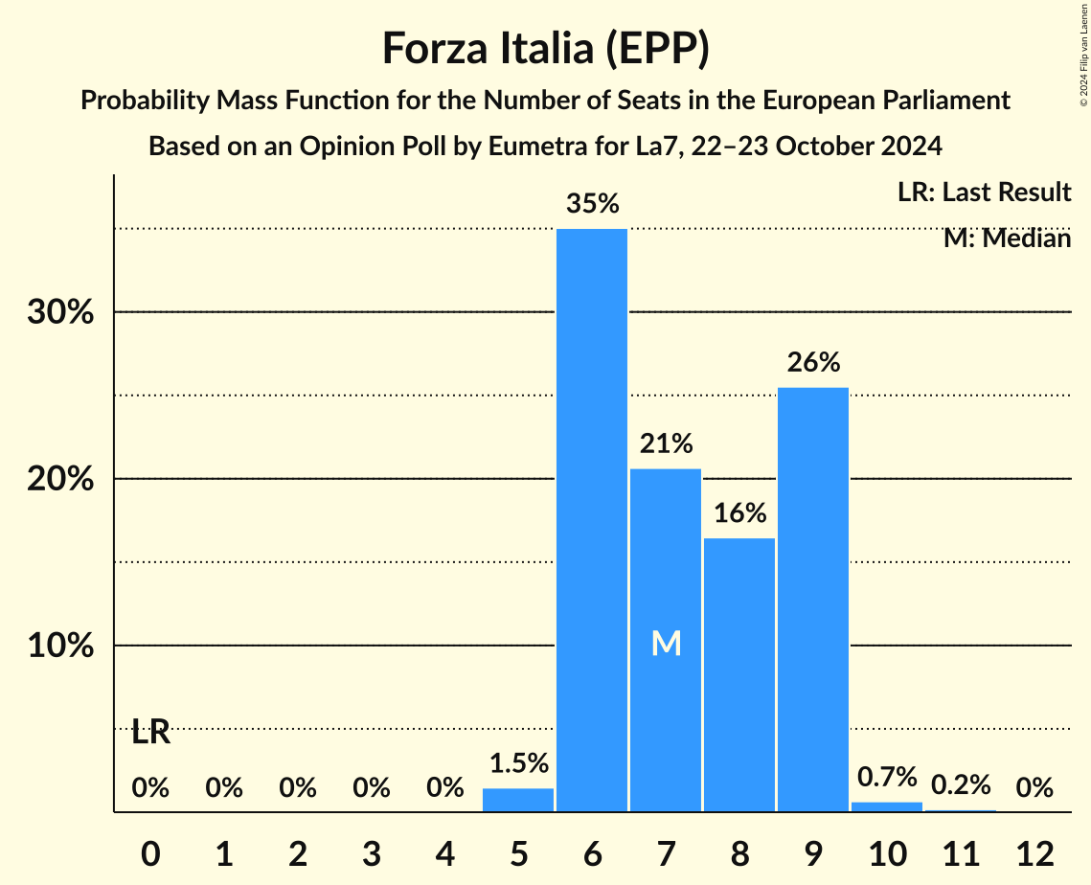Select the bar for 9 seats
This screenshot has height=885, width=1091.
(x=813, y=600)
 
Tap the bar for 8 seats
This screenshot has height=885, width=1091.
(x=739, y=674)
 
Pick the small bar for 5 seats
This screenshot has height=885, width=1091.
(x=518, y=801)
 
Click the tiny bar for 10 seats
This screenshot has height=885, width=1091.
(x=887, y=806)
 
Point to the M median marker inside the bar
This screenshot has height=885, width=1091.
(x=666, y=644)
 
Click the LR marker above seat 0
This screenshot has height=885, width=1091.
(x=150, y=733)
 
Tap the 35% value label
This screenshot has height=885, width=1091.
(x=592, y=204)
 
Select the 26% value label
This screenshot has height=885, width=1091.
(x=813, y=363)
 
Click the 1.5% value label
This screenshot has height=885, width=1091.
(x=518, y=763)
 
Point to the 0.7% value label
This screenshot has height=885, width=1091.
(x=887, y=777)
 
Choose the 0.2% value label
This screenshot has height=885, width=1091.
(x=960, y=785)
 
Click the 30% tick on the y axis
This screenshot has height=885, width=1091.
(x=60, y=313)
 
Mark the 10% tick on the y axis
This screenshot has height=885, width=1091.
(x=60, y=647)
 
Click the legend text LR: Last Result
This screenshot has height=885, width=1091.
(x=984, y=193)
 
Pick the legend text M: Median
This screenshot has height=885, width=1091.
(x=1007, y=238)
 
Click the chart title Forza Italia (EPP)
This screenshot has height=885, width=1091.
(x=545, y=49)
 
